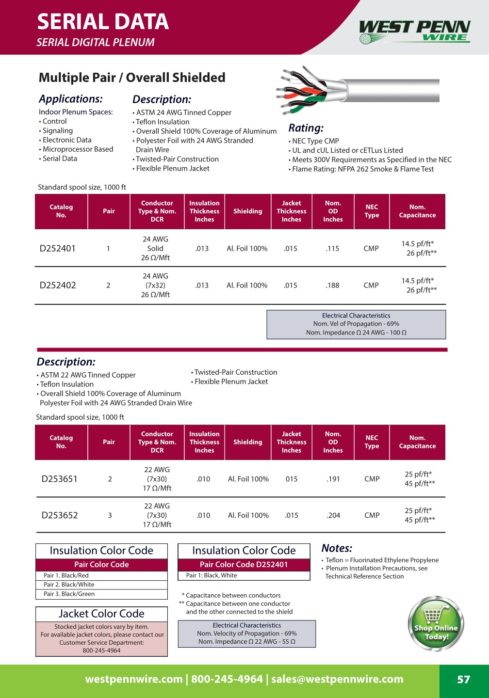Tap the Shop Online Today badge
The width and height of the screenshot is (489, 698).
coord(436,624)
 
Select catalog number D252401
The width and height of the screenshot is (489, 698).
coord(58,249)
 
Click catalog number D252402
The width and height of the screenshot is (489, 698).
coord(58,286)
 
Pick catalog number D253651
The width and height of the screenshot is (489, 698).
coord(60,479)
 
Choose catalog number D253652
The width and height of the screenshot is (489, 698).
coord(60,515)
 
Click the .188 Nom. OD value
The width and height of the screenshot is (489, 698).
coord(332,286)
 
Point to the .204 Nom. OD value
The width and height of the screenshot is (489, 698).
coord(333,515)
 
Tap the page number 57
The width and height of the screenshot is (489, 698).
coord(463,680)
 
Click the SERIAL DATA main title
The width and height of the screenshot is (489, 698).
coord(103,22)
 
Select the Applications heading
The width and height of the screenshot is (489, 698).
coord(71,99)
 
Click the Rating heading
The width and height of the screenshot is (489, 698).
coord(306,128)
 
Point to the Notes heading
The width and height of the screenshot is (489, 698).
coord(337,548)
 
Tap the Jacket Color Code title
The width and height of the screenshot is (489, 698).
coord(101,614)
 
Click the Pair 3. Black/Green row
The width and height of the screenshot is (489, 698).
coord(69,594)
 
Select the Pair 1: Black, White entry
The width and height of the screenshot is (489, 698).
coord(212,575)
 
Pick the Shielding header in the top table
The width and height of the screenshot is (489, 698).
coord(247,211)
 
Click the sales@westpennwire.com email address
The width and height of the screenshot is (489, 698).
coord(337,679)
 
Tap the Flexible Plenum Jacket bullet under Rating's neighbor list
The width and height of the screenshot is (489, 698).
coord(173,168)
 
